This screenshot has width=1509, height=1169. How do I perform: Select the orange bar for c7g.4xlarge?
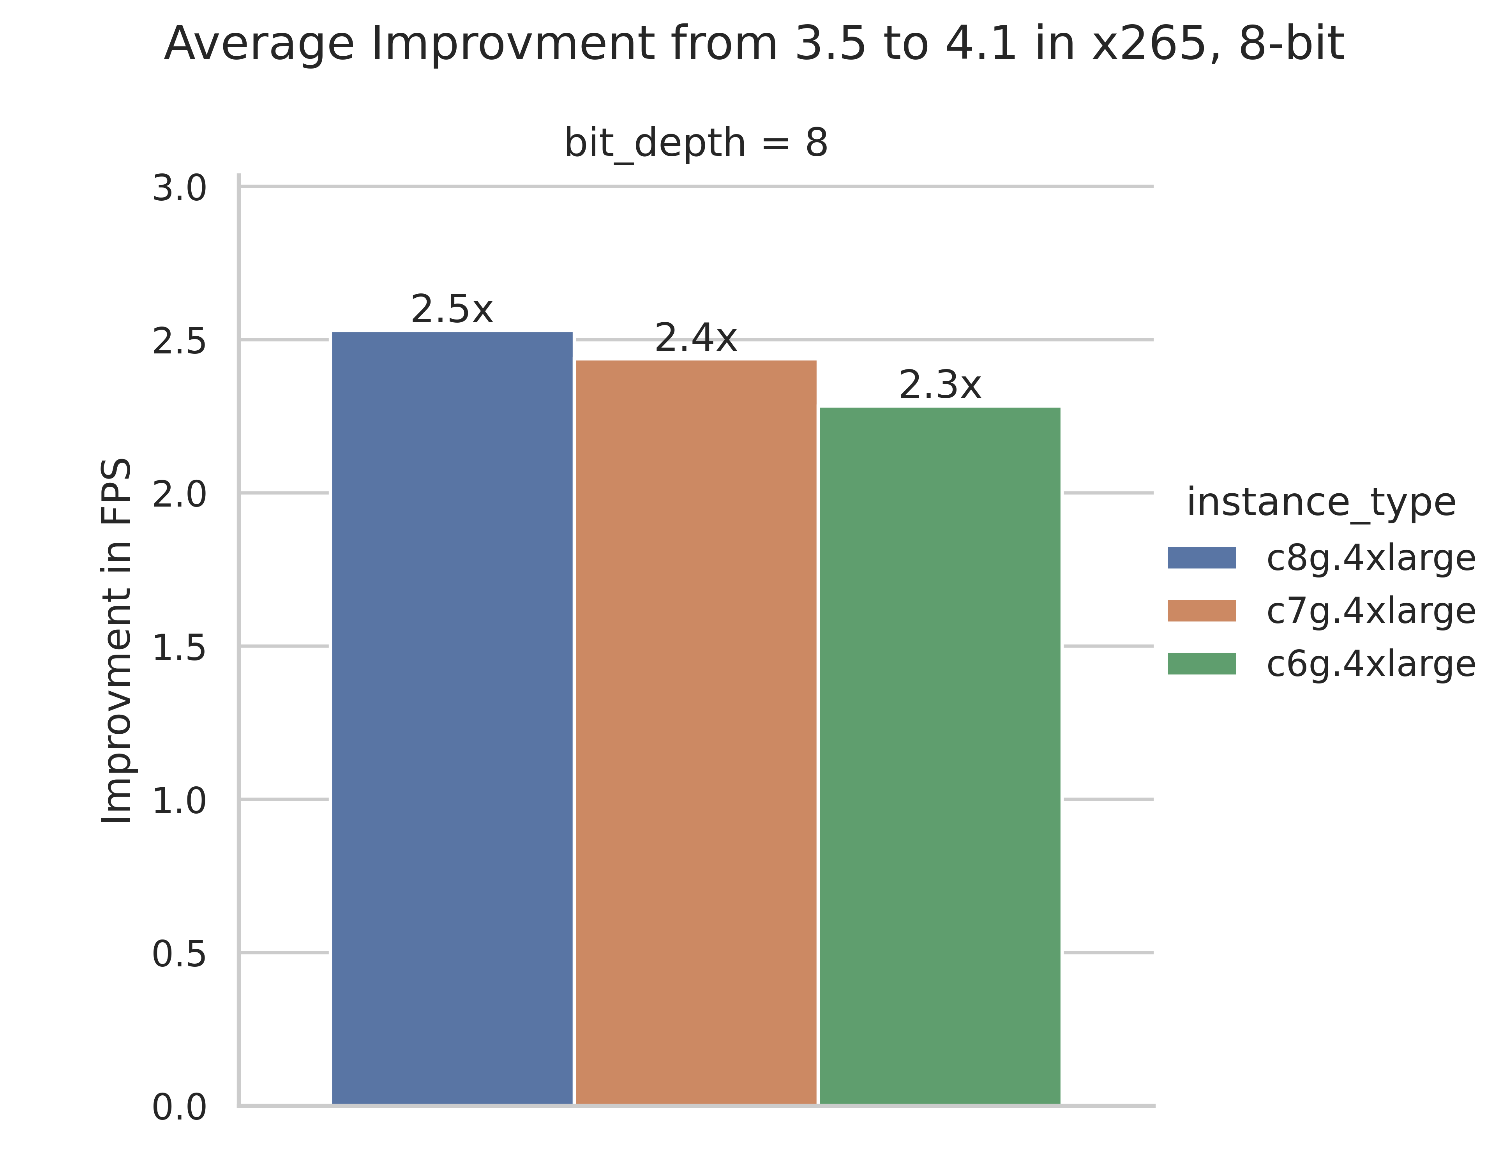coord(696,732)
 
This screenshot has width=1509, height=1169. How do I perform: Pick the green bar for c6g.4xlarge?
coord(940,756)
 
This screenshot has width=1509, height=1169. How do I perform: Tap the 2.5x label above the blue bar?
coord(452,309)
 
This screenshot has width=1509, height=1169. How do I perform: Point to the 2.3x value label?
coord(940,385)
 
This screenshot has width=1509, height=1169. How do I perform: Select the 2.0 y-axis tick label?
coord(179,495)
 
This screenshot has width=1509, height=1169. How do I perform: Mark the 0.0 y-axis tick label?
coord(179,1108)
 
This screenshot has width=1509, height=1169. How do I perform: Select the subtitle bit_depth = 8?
coord(696,143)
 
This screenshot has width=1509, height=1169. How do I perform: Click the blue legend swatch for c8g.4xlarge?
coord(1202,558)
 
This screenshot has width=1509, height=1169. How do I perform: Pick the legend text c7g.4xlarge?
coord(1371,611)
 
